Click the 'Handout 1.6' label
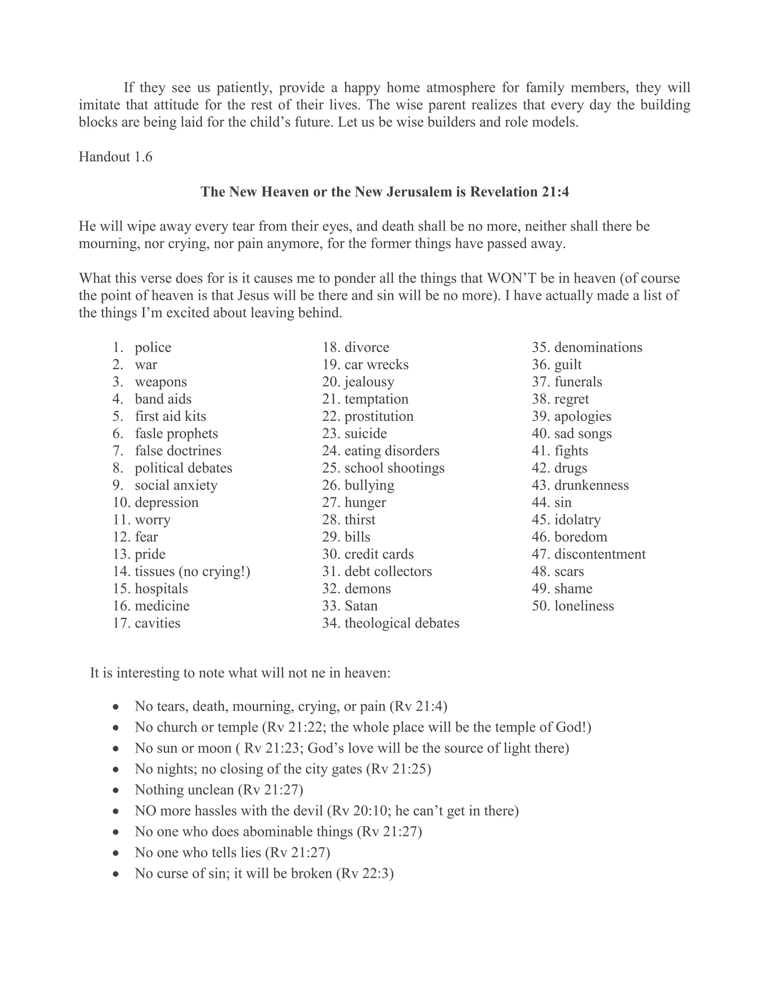[x=115, y=157]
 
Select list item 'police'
[x=153, y=347]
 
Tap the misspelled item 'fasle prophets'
[x=176, y=433]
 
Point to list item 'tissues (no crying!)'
[x=192, y=571]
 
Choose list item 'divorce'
[x=367, y=347]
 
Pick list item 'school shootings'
[x=394, y=468]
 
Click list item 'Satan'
[x=361, y=605]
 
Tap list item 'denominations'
[x=598, y=347]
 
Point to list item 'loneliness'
[x=584, y=605]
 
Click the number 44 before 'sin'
[x=541, y=502]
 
